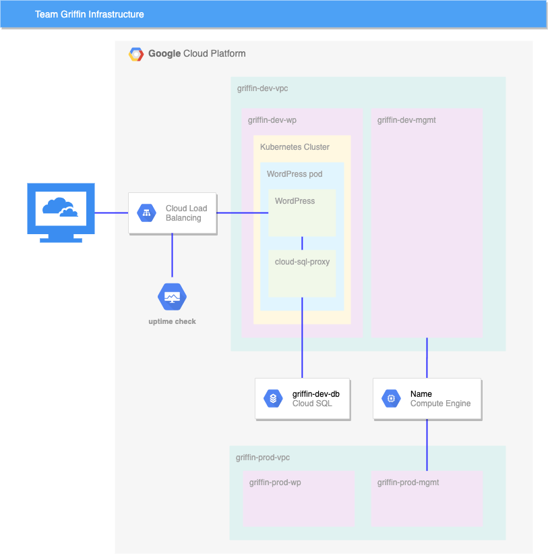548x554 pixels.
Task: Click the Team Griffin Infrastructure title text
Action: (x=89, y=14)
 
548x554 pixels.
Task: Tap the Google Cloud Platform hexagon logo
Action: (x=136, y=54)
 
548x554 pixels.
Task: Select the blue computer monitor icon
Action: (x=61, y=212)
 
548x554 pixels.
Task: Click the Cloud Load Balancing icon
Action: (x=146, y=213)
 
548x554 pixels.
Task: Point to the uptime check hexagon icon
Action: (x=172, y=297)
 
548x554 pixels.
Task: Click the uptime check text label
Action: (x=172, y=322)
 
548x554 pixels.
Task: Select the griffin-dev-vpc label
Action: (x=263, y=88)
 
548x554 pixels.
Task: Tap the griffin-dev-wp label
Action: (x=272, y=120)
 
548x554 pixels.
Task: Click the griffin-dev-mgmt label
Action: (x=406, y=120)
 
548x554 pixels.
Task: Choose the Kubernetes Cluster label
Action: (x=295, y=147)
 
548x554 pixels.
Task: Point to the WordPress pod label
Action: (x=295, y=174)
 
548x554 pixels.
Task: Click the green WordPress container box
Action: (x=302, y=216)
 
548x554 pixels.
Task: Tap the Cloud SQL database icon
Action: (x=273, y=399)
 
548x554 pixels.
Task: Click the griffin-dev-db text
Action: (x=315, y=394)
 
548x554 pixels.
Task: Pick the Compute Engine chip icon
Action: (x=391, y=399)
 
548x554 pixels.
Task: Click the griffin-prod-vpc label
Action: (x=263, y=458)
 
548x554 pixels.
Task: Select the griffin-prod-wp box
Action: (x=299, y=499)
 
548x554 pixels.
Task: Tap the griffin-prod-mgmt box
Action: (x=427, y=499)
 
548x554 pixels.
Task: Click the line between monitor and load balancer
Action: (x=111, y=213)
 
